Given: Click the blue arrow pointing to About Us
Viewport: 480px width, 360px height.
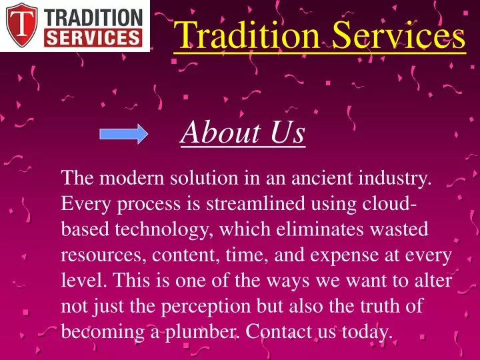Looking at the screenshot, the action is pos(124,134).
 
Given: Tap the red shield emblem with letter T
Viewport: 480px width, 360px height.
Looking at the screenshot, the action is pos(22,25).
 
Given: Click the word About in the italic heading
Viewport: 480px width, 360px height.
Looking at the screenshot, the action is pos(220,132).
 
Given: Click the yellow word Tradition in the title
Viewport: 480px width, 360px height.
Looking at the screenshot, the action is pos(247,35).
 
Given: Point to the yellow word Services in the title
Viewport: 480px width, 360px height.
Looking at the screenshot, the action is pos(399,35).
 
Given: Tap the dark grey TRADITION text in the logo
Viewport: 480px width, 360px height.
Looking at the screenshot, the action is pos(93,18).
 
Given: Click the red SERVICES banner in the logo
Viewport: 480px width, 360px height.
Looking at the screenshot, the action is pos(93,38).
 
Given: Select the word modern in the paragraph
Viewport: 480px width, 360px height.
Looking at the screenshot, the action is pos(132,177).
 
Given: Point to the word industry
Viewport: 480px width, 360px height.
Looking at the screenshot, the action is pos(395,178).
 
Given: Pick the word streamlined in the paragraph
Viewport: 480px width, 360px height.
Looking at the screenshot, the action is pos(255,203).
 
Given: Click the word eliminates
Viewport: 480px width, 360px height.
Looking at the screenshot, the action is pos(320,229).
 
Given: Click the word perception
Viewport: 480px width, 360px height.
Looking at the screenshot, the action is pos(206,307).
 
